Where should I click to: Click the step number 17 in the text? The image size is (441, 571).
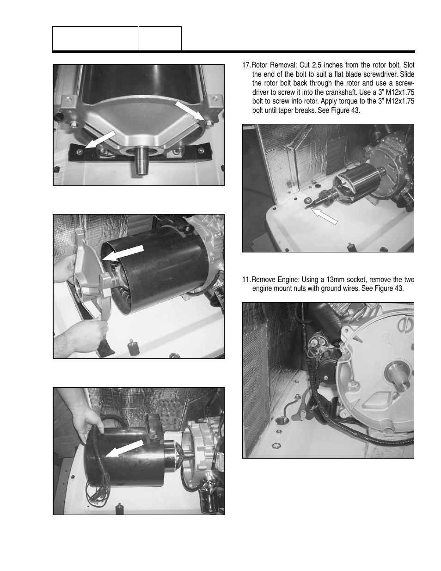tap(246, 64)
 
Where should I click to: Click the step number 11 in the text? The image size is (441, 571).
tap(246, 280)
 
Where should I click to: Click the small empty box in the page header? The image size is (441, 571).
tap(160, 38)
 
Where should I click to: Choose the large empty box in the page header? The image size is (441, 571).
tap(95, 38)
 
